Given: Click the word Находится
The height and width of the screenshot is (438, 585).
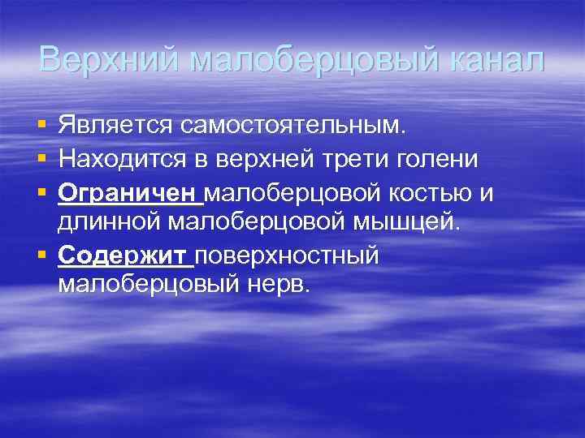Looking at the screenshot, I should coord(121,161).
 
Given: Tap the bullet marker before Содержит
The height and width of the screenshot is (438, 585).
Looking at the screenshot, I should coord(41,256).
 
